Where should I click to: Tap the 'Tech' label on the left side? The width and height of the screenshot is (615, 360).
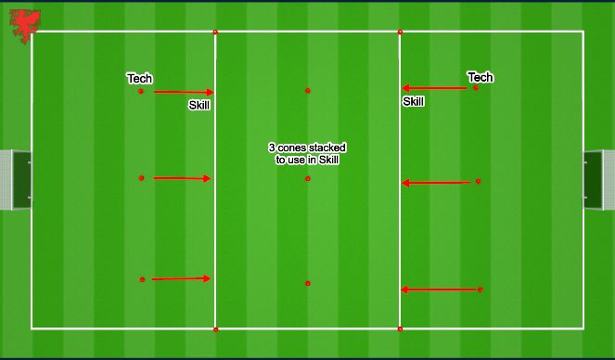coord(139,79)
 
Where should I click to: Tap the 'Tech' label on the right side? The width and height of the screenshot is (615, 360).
coord(480,77)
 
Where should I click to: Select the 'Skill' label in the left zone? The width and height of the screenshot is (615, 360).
coord(199,106)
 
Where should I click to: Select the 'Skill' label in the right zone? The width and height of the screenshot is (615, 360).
coord(413,102)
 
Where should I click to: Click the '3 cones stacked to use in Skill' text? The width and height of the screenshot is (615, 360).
coord(307,154)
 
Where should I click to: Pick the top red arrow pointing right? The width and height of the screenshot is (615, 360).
coord(183,92)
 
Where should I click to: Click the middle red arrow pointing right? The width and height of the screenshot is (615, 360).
coord(183,178)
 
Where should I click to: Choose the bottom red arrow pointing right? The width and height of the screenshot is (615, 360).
coord(181,278)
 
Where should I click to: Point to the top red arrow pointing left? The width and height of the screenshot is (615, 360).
coord(434,88)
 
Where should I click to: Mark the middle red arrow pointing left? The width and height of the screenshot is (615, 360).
coord(436,183)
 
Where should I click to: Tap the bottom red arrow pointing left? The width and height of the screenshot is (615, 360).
coord(438,289)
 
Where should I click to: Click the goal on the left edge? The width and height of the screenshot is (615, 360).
coord(15,180)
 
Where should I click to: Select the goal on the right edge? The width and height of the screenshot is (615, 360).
coord(597,180)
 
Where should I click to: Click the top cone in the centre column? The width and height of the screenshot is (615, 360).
coord(308,91)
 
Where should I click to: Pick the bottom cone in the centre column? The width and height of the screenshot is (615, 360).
coord(308,283)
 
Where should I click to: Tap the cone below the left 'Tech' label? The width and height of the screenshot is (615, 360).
coord(141,91)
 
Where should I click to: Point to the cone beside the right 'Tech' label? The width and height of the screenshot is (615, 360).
coord(476,87)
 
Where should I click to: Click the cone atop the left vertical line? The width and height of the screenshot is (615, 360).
coord(215,32)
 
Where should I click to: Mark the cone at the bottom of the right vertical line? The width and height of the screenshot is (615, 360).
coord(400,328)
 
